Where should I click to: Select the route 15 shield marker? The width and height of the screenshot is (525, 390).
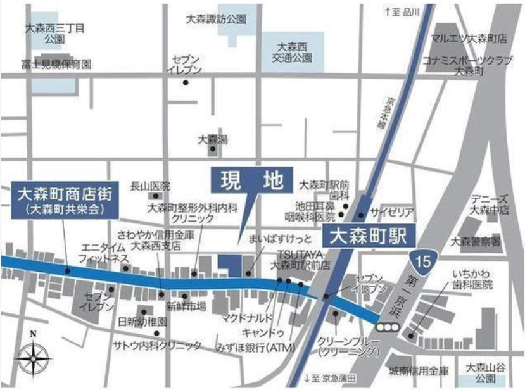click(422, 258)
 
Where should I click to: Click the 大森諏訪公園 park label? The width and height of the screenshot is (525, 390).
click(215, 20)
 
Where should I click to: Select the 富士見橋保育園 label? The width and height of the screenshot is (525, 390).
click(56, 64)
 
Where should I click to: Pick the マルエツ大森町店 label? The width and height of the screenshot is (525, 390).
click(469, 39)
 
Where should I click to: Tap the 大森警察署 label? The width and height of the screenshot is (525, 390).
click(475, 241)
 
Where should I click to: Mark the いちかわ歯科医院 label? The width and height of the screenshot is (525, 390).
click(472, 279)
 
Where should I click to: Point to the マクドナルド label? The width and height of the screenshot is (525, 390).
click(247, 317)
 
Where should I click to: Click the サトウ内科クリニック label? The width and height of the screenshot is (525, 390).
click(157, 345)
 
